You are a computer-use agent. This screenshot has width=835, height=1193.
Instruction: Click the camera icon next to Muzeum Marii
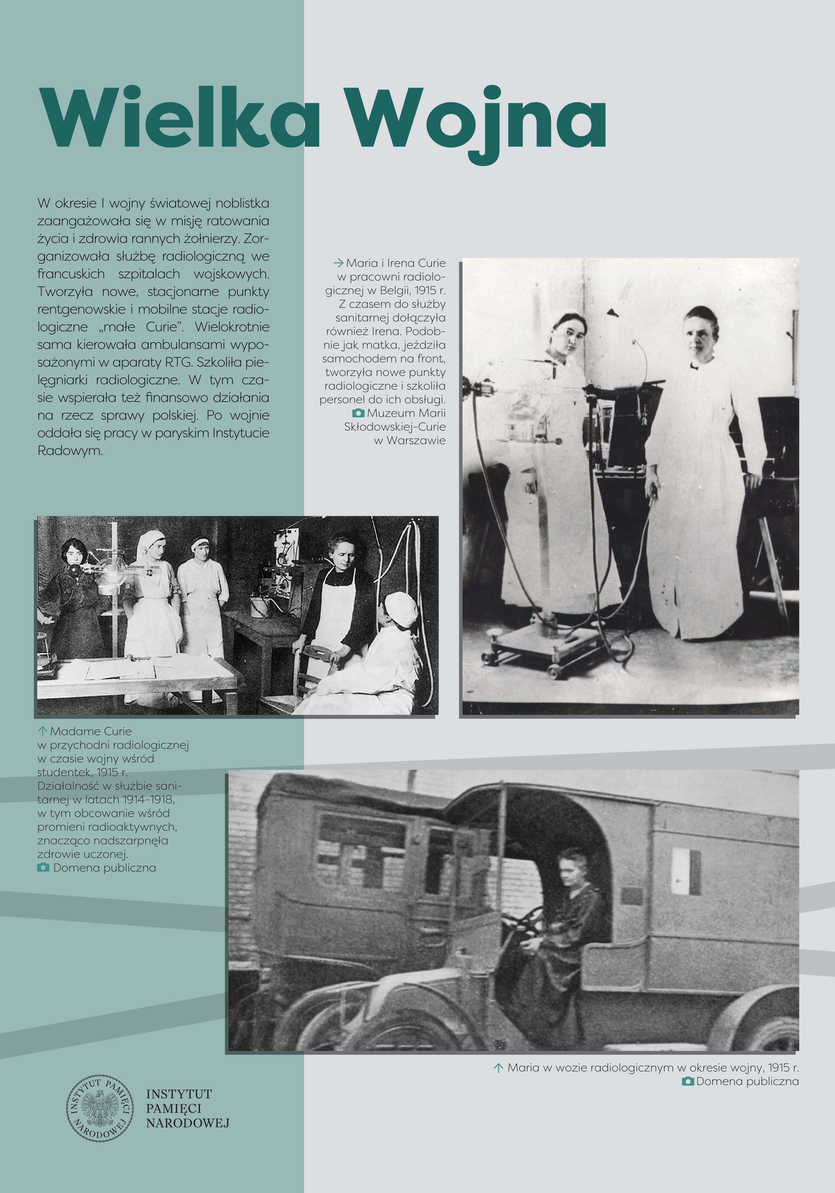pos(358,413)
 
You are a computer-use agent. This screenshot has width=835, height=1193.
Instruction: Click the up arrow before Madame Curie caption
pos(43,731)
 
